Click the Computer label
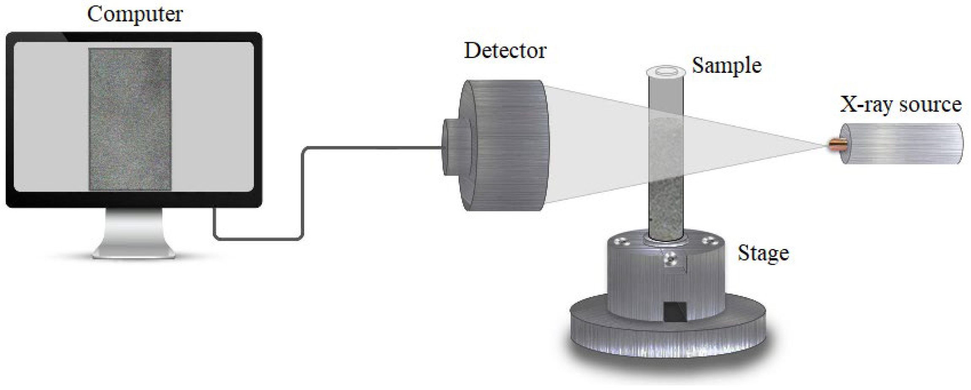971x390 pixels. tap(135, 14)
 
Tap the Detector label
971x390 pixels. tap(505, 51)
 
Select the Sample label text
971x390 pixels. tap(726, 66)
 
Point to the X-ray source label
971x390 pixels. tap(901, 104)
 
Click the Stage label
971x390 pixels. tap(763, 254)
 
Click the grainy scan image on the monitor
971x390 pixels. tap(130, 119)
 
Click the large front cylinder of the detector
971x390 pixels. tap(506, 145)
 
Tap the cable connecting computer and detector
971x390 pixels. tap(302, 194)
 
